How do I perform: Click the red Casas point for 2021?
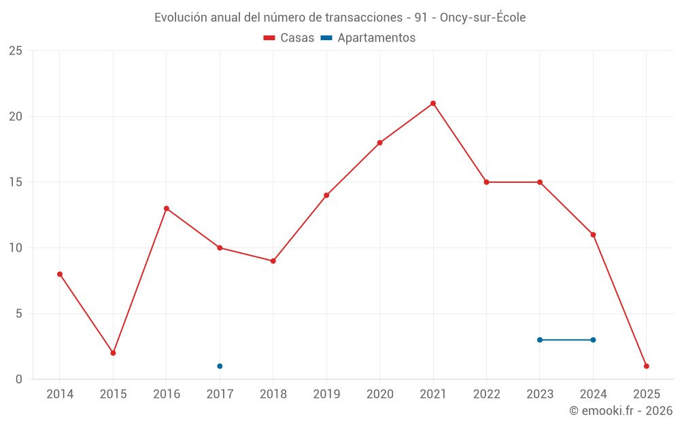tap(433, 103)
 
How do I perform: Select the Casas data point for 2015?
tap(113, 353)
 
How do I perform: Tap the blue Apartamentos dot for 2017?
tap(220, 366)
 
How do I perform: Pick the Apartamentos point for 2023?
tap(540, 340)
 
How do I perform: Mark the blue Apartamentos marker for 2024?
tap(593, 340)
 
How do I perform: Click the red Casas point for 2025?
tap(647, 366)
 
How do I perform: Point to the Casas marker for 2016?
tap(167, 209)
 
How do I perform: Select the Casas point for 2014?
tap(60, 274)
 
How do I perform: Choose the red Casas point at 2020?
tap(380, 143)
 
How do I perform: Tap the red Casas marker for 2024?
tap(593, 235)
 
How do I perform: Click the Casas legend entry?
tap(289, 38)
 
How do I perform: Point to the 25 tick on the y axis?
tap(16, 51)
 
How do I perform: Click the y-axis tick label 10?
tap(16, 248)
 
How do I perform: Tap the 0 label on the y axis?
tap(19, 379)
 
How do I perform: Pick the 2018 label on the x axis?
tap(273, 394)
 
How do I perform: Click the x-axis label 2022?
tap(486, 394)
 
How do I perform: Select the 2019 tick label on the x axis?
tap(326, 394)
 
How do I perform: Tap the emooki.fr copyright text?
tap(621, 411)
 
